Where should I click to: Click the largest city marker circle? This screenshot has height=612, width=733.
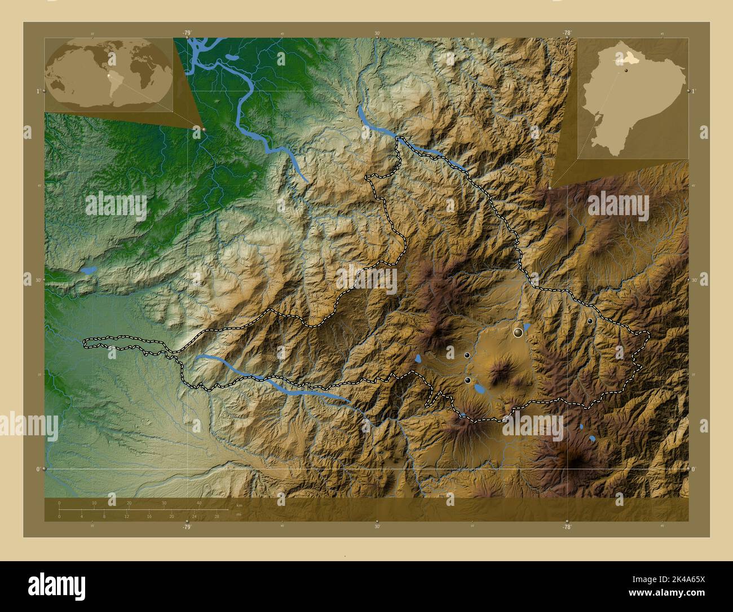tap(518, 333)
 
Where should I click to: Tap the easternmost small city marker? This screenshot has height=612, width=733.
tap(590, 321)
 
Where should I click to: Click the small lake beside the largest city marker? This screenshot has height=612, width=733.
tap(527, 327)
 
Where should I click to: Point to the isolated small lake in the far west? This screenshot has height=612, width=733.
tap(88, 270)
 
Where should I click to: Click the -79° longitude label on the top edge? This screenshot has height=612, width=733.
tap(187, 33)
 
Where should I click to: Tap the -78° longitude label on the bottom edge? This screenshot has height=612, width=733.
tap(567, 526)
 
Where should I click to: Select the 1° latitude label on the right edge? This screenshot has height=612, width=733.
tap(694, 91)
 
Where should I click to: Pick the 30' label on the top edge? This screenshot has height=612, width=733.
tap(377, 33)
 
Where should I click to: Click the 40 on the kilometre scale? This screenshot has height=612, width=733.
tap(198, 502)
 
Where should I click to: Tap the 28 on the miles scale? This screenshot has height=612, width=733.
tap(217, 516)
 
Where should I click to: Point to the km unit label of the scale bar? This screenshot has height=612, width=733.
tap(239, 505)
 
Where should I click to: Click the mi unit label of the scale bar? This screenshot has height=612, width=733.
tap(239, 514)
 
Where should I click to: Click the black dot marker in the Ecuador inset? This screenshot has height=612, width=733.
tap(625, 71)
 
